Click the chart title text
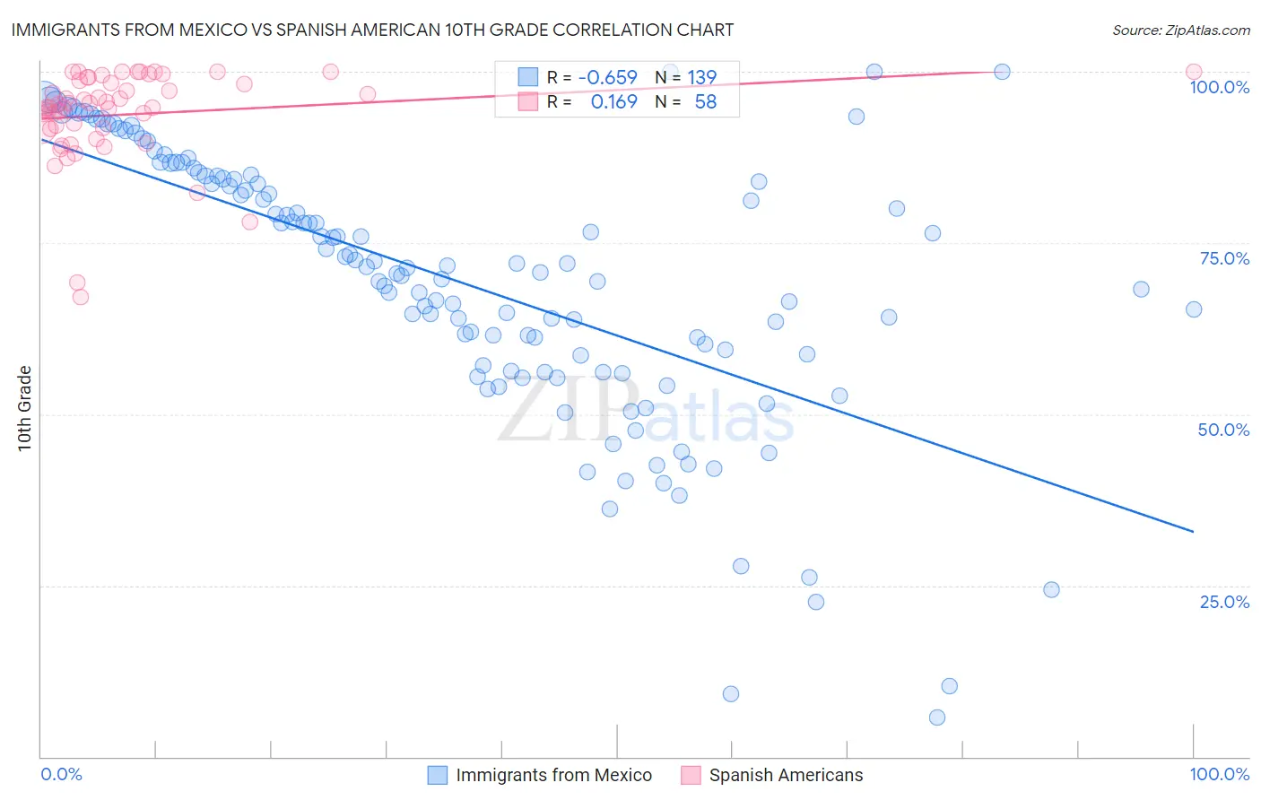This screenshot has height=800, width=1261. click(372, 30)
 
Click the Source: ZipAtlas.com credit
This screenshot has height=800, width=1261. click(1180, 30)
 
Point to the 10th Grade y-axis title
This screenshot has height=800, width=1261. click(24, 408)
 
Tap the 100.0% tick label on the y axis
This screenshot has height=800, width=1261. click(1219, 87)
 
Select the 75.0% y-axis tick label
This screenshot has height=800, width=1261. click(1223, 258)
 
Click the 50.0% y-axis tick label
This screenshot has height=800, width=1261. click(1223, 430)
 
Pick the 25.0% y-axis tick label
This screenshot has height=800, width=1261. click(1223, 602)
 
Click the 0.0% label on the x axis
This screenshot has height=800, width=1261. click(61, 774)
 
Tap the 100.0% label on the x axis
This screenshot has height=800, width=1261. click(1219, 774)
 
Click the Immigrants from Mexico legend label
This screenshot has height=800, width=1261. click(553, 775)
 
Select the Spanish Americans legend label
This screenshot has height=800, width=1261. click(786, 775)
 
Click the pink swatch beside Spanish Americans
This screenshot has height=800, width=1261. click(691, 775)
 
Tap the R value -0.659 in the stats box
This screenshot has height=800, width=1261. click(607, 77)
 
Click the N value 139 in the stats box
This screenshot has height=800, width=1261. click(701, 77)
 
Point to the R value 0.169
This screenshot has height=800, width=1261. click(613, 102)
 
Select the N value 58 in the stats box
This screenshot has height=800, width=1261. click(705, 102)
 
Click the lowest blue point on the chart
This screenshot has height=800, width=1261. click(937, 717)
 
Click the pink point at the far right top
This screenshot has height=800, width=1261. click(1193, 72)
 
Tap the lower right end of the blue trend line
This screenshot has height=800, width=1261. click(1193, 532)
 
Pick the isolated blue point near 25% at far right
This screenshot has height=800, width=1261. click(1051, 589)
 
